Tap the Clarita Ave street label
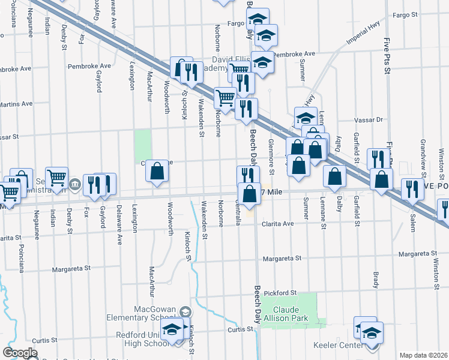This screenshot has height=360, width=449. (277, 224)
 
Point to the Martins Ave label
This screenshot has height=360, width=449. (12, 104)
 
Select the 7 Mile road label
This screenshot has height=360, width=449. (272, 191)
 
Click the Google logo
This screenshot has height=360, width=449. (20, 352)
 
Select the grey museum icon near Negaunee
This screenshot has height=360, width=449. (75, 184)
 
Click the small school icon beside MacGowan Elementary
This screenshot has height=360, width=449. (186, 311)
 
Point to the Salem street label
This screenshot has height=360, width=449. (412, 225)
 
